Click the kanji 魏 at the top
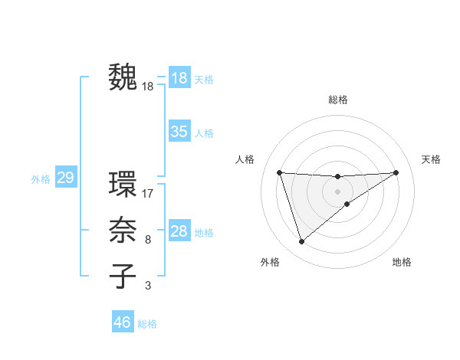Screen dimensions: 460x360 [x=123, y=77]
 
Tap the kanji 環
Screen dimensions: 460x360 [x=123, y=185]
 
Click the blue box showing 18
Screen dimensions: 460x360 [x=179, y=78]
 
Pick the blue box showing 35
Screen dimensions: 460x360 [x=179, y=132]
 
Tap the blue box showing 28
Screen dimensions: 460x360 [x=179, y=231]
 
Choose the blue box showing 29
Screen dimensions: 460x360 [x=65, y=178]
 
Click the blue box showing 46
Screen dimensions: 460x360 [x=122, y=322]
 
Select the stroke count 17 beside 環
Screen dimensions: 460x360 [x=148, y=194]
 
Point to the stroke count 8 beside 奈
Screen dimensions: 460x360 [x=147, y=240]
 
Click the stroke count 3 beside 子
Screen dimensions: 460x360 [x=147, y=286]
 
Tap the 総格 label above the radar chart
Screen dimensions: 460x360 [x=337, y=100]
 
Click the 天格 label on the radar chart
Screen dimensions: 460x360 [x=431, y=159]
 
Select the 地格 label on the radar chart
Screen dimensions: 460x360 [x=402, y=262]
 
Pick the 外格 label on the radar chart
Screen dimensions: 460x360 [x=270, y=262]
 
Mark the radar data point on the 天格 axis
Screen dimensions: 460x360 [x=396, y=172]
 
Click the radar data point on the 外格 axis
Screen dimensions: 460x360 [x=301, y=242]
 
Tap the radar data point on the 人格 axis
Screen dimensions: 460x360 [x=279, y=172]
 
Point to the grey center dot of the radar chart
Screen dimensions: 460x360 [x=337, y=191]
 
